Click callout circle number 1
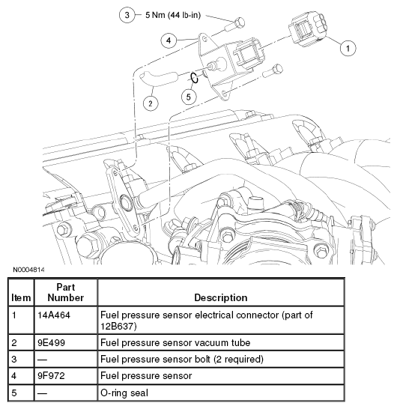(x=348, y=48)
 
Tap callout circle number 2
(x=151, y=103)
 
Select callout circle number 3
(x=127, y=15)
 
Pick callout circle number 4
(x=169, y=40)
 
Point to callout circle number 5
(x=189, y=97)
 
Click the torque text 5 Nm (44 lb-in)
(x=173, y=15)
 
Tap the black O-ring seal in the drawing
(x=194, y=78)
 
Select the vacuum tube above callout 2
(x=159, y=79)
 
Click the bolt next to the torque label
(x=234, y=25)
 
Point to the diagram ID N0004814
(x=28, y=270)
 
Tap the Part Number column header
(x=66, y=292)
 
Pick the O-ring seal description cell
(x=221, y=393)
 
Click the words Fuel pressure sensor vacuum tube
(x=175, y=342)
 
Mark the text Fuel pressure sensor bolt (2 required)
(x=182, y=360)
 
